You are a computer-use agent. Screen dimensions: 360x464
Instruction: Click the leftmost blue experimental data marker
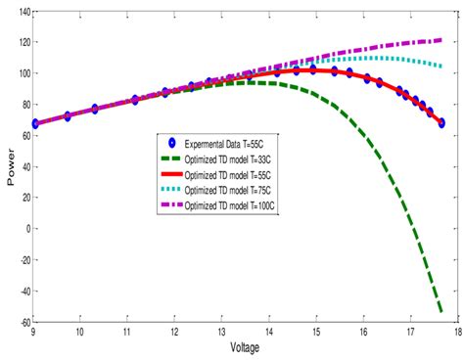coord(36,124)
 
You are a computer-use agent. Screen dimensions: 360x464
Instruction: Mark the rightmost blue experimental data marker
coord(441,123)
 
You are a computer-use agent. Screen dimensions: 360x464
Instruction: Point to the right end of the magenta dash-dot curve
coord(441,40)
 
